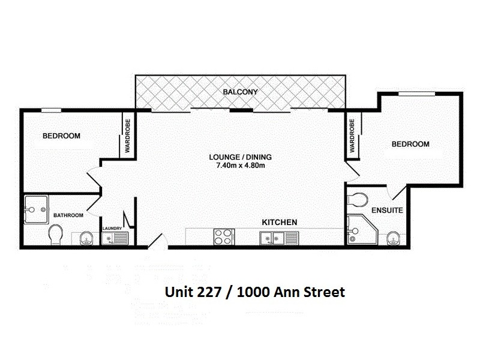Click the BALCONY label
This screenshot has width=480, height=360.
240,92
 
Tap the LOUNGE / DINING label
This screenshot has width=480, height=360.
240,157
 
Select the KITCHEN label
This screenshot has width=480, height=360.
280,222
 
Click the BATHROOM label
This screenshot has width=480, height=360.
67,215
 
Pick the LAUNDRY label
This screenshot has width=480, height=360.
112,228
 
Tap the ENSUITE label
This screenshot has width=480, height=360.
387,211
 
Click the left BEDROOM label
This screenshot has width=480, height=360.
61,136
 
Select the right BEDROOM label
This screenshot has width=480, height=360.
410,144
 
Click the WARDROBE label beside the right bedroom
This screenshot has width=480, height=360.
352,136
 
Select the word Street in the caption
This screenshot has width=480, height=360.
324,292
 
